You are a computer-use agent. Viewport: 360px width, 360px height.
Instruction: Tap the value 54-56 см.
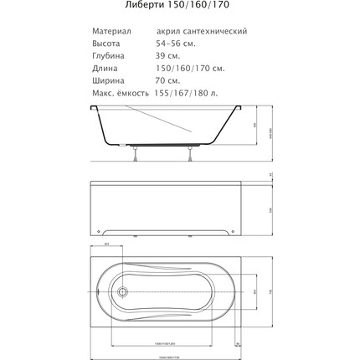point(171,43)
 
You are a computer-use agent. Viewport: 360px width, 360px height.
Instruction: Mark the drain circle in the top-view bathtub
point(122,293)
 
